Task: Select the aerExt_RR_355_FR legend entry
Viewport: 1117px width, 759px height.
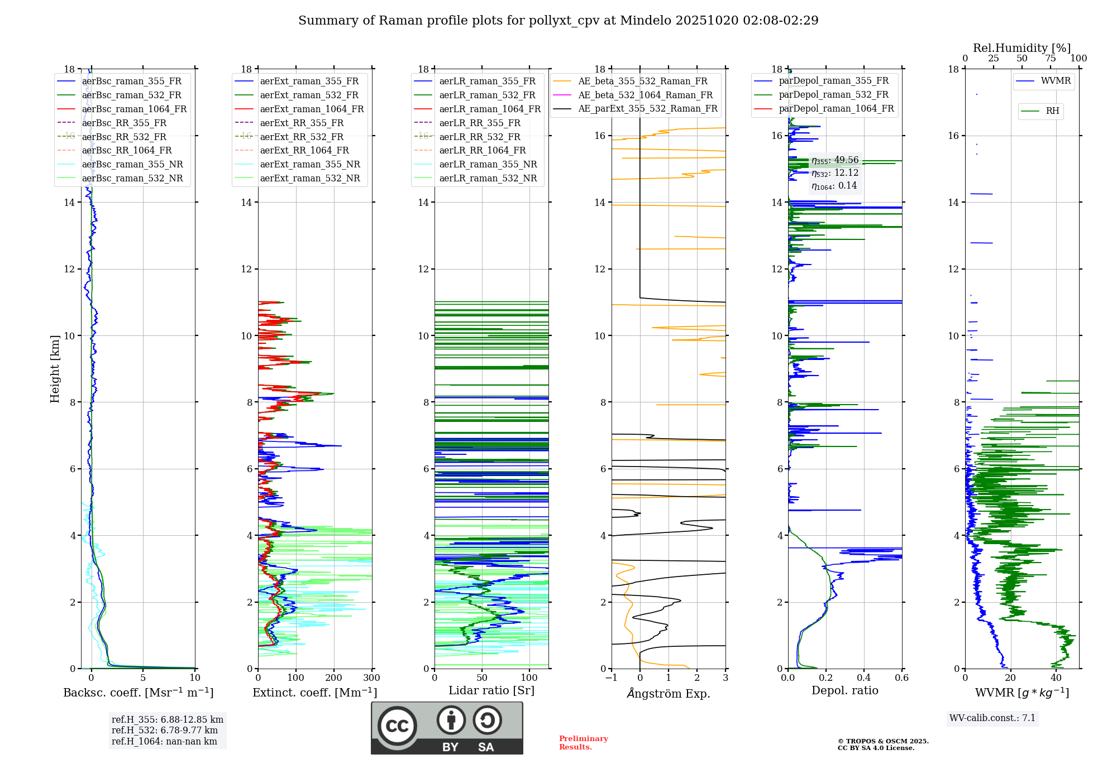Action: (x=302, y=123)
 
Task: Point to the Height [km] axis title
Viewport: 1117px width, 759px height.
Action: (x=55, y=368)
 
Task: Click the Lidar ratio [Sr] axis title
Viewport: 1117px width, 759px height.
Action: (x=491, y=691)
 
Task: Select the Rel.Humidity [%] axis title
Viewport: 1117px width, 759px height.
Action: (x=1021, y=48)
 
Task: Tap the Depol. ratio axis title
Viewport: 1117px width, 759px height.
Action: (x=844, y=691)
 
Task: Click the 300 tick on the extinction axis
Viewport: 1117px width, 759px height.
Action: (x=371, y=678)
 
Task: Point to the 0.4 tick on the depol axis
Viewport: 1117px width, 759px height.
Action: (x=863, y=678)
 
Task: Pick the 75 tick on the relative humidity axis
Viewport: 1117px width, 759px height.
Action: (x=1051, y=59)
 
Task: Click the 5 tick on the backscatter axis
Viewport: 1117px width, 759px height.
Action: (x=143, y=678)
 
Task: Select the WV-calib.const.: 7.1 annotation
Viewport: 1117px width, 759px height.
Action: (x=992, y=718)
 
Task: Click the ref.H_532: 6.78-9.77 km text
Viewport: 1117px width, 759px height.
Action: (x=165, y=731)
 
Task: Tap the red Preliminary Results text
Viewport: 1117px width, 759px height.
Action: (x=583, y=743)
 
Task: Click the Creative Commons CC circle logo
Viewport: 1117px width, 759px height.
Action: (x=397, y=726)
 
